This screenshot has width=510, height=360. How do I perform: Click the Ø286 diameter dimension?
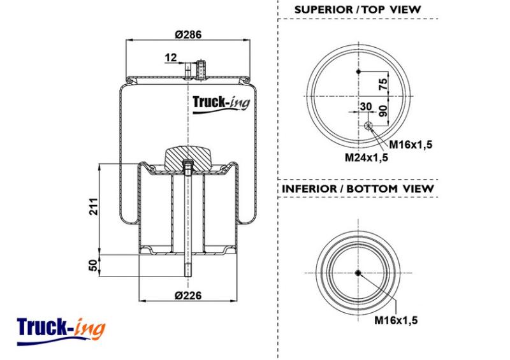[188, 34]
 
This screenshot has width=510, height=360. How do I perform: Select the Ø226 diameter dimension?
[188, 295]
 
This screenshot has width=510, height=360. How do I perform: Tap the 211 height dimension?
[94, 206]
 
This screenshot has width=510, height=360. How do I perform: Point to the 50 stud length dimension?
[94, 265]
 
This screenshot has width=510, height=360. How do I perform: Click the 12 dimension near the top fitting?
[170, 57]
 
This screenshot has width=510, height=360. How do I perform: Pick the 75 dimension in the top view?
[384, 83]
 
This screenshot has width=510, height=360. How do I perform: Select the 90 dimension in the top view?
[384, 111]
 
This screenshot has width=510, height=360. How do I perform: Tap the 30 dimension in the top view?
[366, 106]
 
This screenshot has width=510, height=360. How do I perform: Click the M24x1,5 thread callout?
[366, 158]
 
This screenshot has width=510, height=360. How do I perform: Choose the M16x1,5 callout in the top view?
[411, 145]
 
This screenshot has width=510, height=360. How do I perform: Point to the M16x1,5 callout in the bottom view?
[396, 320]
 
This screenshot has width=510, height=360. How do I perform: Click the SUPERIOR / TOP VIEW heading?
[358, 10]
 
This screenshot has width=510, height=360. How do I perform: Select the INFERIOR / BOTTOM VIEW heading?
[358, 189]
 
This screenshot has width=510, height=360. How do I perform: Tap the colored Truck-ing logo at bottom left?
[61, 331]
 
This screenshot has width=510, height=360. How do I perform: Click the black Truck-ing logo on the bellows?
[221, 104]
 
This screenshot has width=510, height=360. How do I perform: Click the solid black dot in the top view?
[359, 71]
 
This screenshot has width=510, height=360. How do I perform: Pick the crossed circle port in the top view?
[368, 126]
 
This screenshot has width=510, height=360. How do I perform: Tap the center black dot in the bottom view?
[358, 273]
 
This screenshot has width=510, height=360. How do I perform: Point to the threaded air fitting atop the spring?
[201, 70]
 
